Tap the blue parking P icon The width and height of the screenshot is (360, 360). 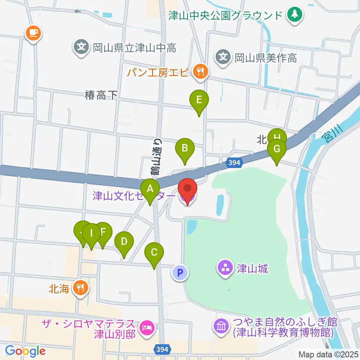(180, 273)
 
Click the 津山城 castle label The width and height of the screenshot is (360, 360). (252, 268)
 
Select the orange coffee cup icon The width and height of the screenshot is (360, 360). (34, 33)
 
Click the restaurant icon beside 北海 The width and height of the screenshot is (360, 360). (81, 288)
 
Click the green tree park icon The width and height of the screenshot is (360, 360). (295, 15)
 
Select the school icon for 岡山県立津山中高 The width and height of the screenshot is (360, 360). (81, 48)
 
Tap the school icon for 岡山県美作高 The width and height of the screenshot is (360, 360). (223, 57)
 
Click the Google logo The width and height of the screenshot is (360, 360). (25, 351)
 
